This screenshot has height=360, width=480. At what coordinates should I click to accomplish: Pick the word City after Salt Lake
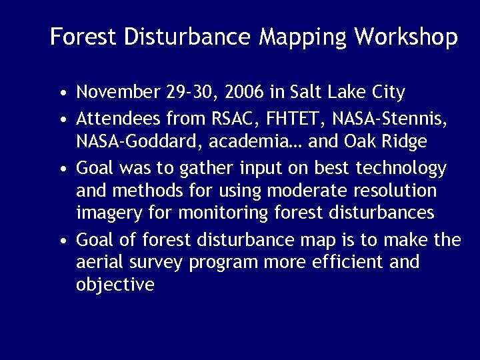tap(385, 91)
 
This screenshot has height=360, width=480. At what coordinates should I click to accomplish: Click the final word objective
tap(115, 285)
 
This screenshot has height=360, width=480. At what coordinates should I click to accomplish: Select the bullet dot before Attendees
tap(61, 121)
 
